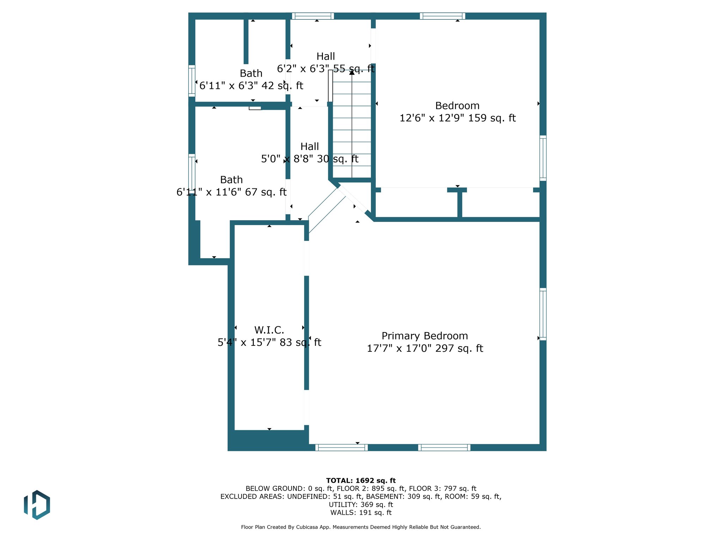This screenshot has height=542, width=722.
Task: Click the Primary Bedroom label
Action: [x=425, y=336]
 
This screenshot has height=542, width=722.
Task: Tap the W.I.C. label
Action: [x=269, y=330]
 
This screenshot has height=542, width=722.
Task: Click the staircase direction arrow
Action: [x=352, y=72]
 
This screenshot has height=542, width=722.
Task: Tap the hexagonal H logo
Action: [x=37, y=505]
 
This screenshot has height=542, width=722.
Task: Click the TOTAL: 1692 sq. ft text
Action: [x=361, y=481]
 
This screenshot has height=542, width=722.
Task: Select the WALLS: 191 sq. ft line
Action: [x=361, y=513]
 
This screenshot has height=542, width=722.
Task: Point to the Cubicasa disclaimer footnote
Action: [x=361, y=527]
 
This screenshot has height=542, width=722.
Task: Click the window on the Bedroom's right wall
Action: [x=543, y=158]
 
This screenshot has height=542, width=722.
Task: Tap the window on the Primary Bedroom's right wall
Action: [x=543, y=314]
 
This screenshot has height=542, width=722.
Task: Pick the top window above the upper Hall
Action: [x=313, y=16]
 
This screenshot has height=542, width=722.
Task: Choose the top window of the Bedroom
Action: [x=442, y=16]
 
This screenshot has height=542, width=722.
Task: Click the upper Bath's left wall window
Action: [x=192, y=81]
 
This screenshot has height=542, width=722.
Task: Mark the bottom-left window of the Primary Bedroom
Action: [x=341, y=447]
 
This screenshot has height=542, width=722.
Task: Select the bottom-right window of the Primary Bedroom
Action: [x=444, y=447]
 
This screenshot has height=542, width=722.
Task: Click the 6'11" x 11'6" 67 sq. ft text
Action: [x=231, y=192]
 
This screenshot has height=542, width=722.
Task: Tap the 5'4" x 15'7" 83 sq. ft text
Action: [x=269, y=342]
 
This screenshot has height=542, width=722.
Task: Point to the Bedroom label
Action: [x=457, y=106]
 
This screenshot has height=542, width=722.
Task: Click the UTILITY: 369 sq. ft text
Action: [x=361, y=505]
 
